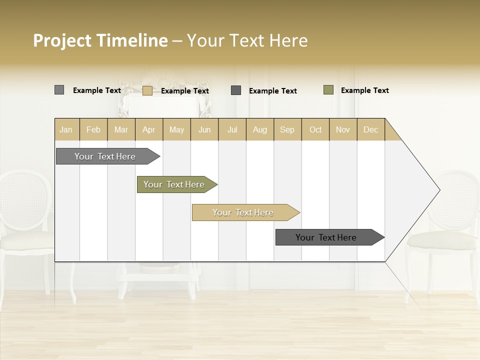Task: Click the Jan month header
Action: click(x=66, y=129)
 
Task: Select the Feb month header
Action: click(x=93, y=129)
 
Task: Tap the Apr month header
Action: click(x=149, y=129)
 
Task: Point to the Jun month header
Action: click(x=204, y=129)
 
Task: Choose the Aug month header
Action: click(x=260, y=129)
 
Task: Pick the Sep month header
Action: click(x=287, y=129)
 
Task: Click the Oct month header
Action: click(x=315, y=129)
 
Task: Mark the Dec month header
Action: click(x=371, y=129)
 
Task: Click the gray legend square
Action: click(x=59, y=90)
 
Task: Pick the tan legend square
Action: click(x=147, y=90)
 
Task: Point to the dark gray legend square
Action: click(x=236, y=90)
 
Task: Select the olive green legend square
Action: click(x=328, y=90)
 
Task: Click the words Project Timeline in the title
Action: click(x=100, y=40)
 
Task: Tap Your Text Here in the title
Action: click(x=247, y=40)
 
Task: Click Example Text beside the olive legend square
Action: click(x=364, y=90)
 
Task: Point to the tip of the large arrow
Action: click(x=439, y=190)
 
